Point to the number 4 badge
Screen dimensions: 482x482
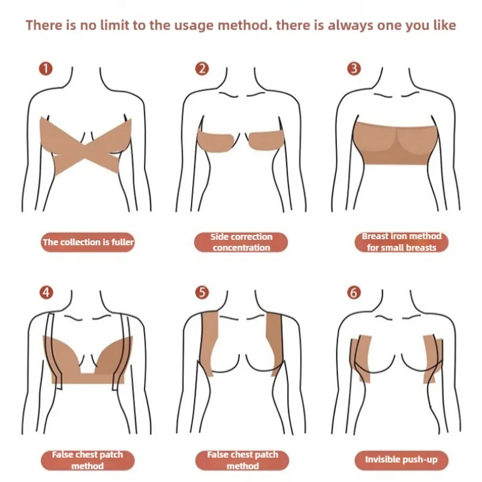[x=46, y=293]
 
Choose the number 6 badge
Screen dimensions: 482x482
[x=354, y=293]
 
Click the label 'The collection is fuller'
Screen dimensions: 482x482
[x=88, y=242]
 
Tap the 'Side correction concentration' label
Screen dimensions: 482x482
[x=241, y=242]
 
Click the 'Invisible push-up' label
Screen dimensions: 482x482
[x=401, y=460]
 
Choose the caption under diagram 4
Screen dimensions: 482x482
[x=88, y=460]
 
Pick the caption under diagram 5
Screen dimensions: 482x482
[x=241, y=460]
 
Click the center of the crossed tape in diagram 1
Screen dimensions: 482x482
[x=88, y=145]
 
